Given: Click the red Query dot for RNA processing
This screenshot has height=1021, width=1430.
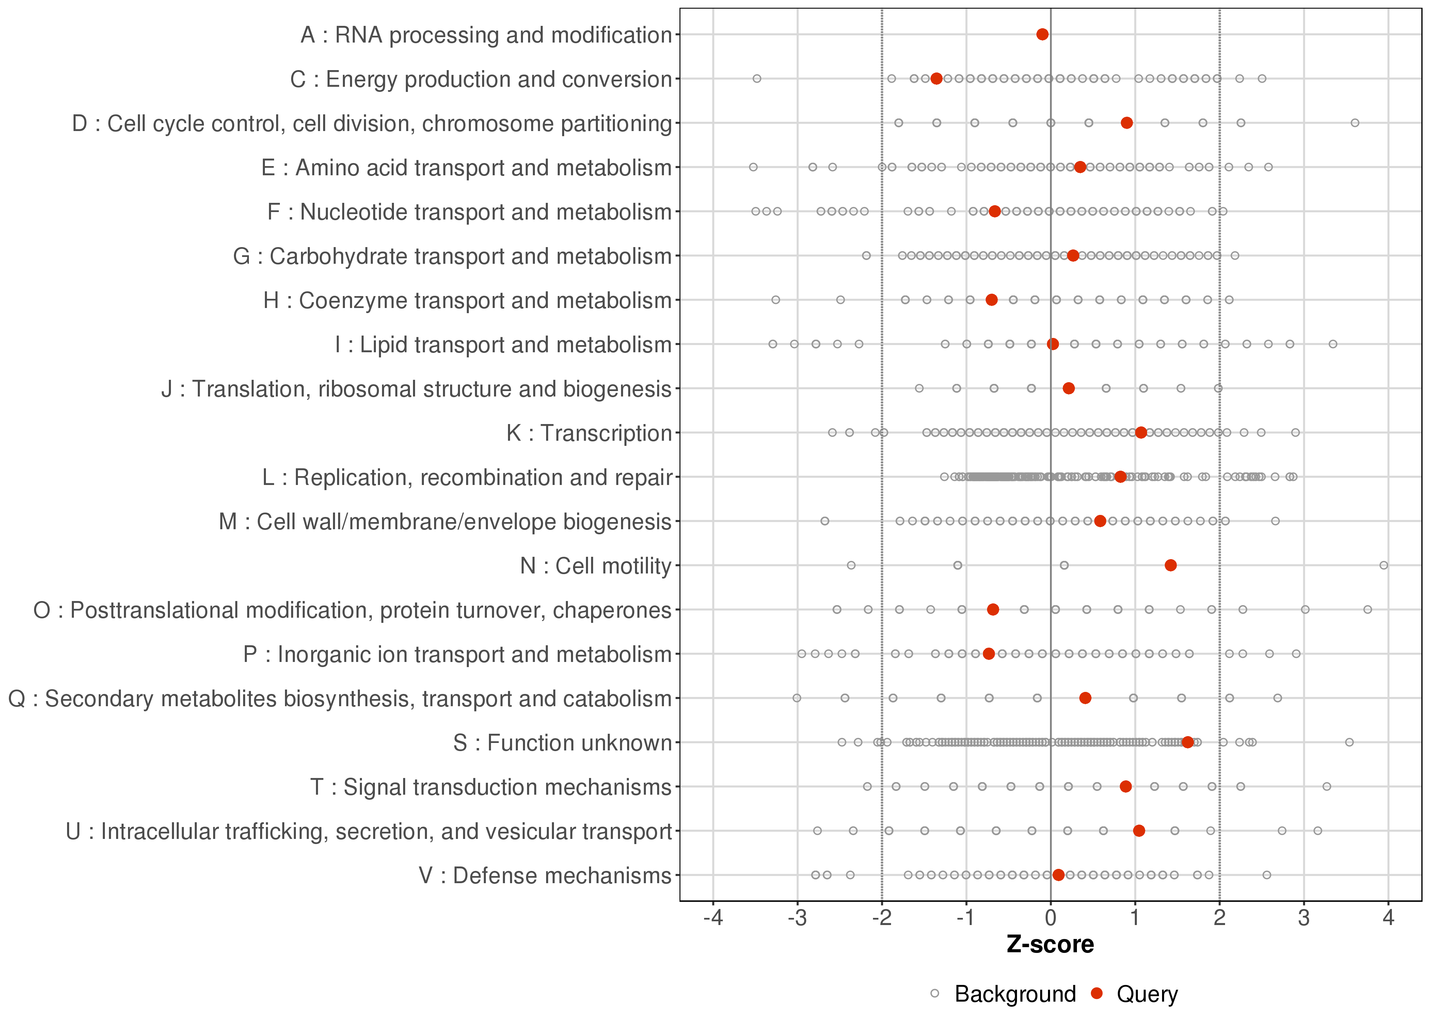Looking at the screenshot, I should (x=1042, y=34).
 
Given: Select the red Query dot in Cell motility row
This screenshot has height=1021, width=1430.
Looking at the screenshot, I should (x=1170, y=565).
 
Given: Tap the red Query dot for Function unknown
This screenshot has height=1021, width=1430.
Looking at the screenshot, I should (x=1187, y=743).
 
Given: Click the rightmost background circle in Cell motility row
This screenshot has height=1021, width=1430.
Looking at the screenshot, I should (x=1383, y=565).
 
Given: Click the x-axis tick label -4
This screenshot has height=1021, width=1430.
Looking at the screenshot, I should (x=713, y=919).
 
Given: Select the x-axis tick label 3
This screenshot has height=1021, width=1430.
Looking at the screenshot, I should (x=1304, y=919).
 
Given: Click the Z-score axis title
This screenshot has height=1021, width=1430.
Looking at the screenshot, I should (x=1050, y=945).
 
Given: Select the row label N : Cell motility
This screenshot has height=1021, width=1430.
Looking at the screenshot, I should (x=595, y=566).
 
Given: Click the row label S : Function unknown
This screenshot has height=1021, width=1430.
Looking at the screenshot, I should (x=562, y=743).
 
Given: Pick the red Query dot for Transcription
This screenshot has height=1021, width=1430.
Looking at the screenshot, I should (x=1141, y=433).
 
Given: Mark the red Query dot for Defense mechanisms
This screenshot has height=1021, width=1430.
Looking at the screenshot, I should (x=1058, y=875).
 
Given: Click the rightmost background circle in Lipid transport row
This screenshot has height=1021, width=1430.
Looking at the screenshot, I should (x=1333, y=344).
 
